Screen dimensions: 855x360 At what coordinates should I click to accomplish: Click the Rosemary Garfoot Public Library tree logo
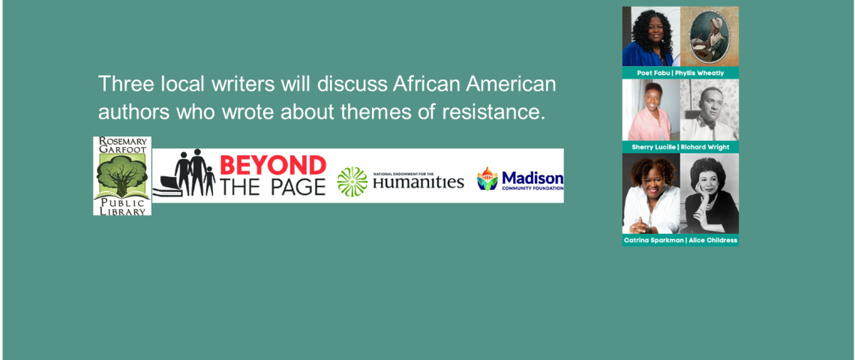(122, 175)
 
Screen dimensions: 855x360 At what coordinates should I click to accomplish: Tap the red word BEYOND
(273, 165)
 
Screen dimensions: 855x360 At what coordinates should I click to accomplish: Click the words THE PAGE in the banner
(273, 187)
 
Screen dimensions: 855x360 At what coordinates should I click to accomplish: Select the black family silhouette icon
(184, 172)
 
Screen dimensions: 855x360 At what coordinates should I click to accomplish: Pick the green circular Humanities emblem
(352, 181)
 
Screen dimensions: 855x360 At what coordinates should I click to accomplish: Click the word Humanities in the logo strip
(418, 182)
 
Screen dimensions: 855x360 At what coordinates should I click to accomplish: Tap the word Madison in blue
(532, 178)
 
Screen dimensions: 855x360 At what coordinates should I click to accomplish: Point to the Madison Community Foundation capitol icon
(487, 179)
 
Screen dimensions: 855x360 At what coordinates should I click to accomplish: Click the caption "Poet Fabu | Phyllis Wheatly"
(680, 73)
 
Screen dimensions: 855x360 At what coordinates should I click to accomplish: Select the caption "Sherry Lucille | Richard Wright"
(680, 147)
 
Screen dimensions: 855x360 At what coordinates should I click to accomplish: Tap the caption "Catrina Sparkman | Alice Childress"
(680, 240)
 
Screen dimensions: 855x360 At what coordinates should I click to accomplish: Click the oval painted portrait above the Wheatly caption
(709, 37)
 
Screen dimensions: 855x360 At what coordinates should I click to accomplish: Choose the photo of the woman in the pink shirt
(651, 110)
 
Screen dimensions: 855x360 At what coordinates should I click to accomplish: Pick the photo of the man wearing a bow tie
(709, 110)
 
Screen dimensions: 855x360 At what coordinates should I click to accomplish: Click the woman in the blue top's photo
(651, 37)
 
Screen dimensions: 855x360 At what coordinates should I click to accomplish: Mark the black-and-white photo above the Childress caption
(709, 193)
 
